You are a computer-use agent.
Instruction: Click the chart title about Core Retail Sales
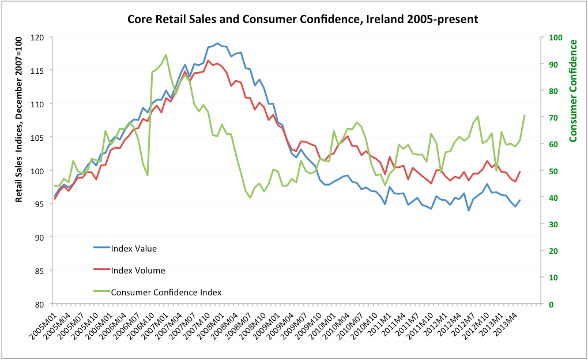[x=302, y=20]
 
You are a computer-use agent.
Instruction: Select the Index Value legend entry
[x=134, y=249]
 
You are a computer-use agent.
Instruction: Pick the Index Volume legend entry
[x=137, y=270]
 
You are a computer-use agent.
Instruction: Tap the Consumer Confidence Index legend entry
[x=166, y=292]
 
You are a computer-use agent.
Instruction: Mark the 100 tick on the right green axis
[x=554, y=37]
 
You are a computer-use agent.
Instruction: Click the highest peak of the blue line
[x=217, y=43]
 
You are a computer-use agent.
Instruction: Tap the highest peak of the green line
[x=166, y=55]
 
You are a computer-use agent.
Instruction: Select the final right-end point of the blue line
[x=520, y=200]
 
